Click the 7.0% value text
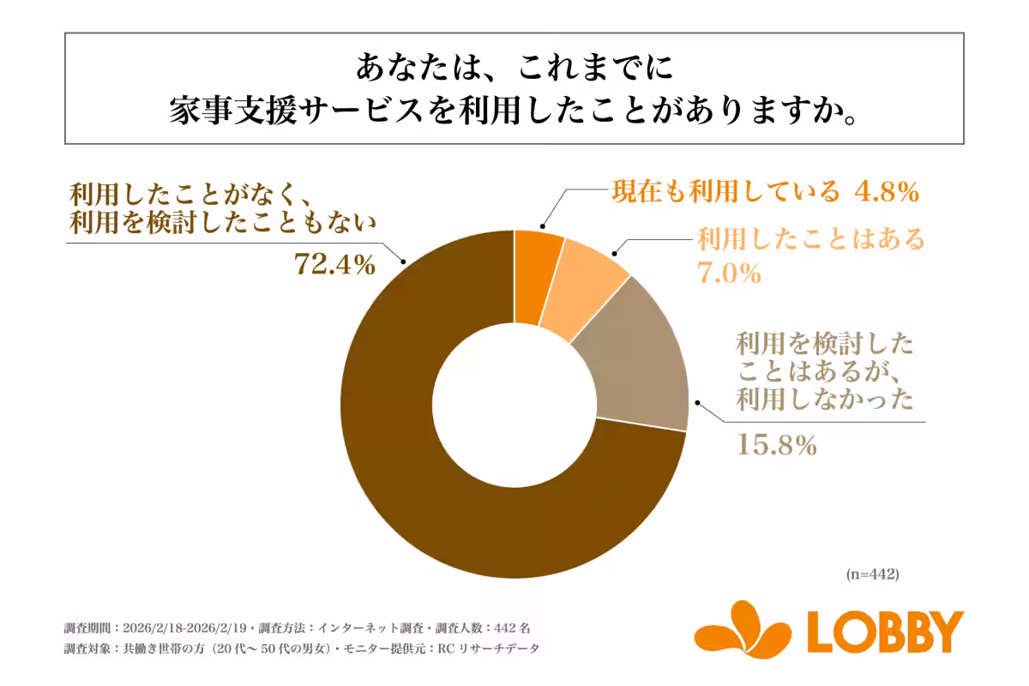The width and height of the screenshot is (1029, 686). [x=728, y=274]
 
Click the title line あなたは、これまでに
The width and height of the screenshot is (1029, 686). [x=514, y=66]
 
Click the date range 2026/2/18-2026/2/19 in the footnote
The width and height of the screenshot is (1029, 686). [x=184, y=627]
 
